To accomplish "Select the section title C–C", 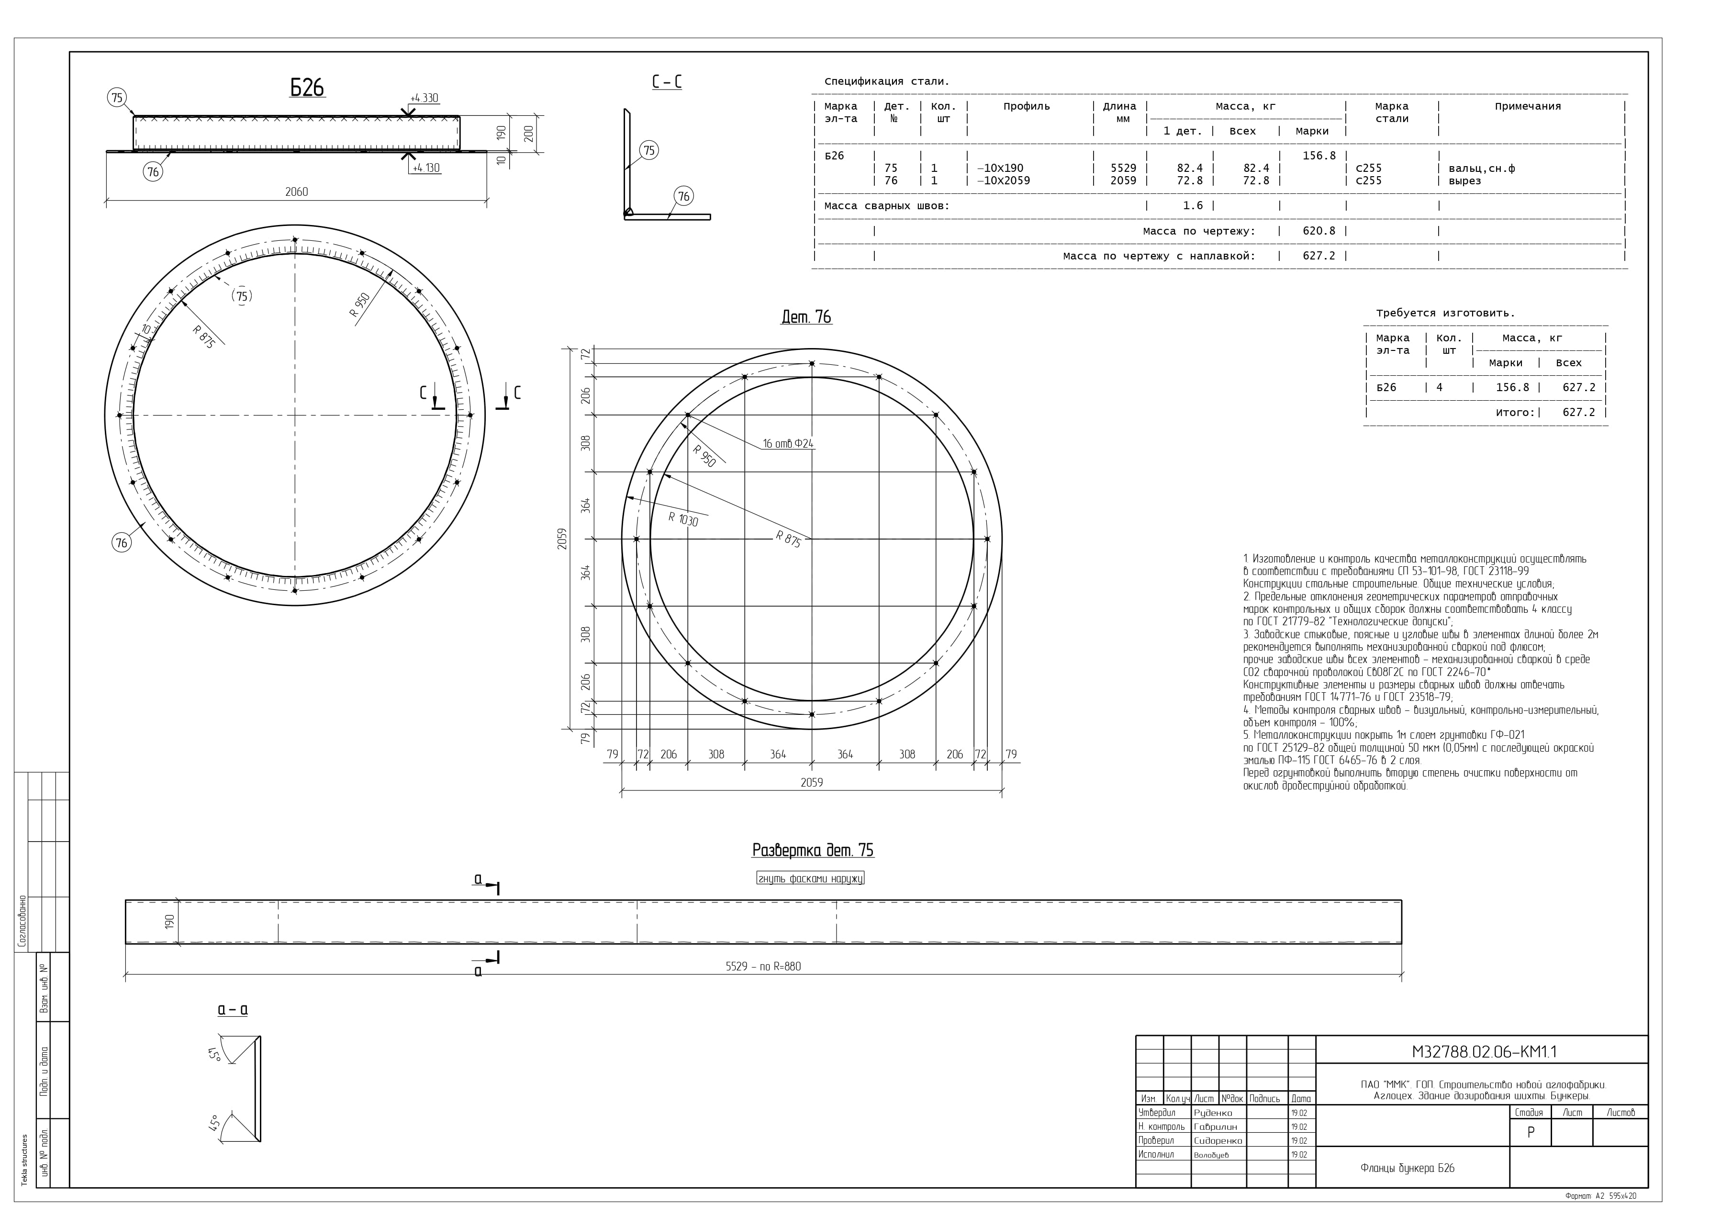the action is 667,81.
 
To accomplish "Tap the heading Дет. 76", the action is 806,317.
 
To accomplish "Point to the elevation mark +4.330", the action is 425,98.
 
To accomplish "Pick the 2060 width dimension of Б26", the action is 296,191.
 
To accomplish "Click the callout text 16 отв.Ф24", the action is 788,443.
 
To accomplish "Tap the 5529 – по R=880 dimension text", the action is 763,966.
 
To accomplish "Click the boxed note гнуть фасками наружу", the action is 810,878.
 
